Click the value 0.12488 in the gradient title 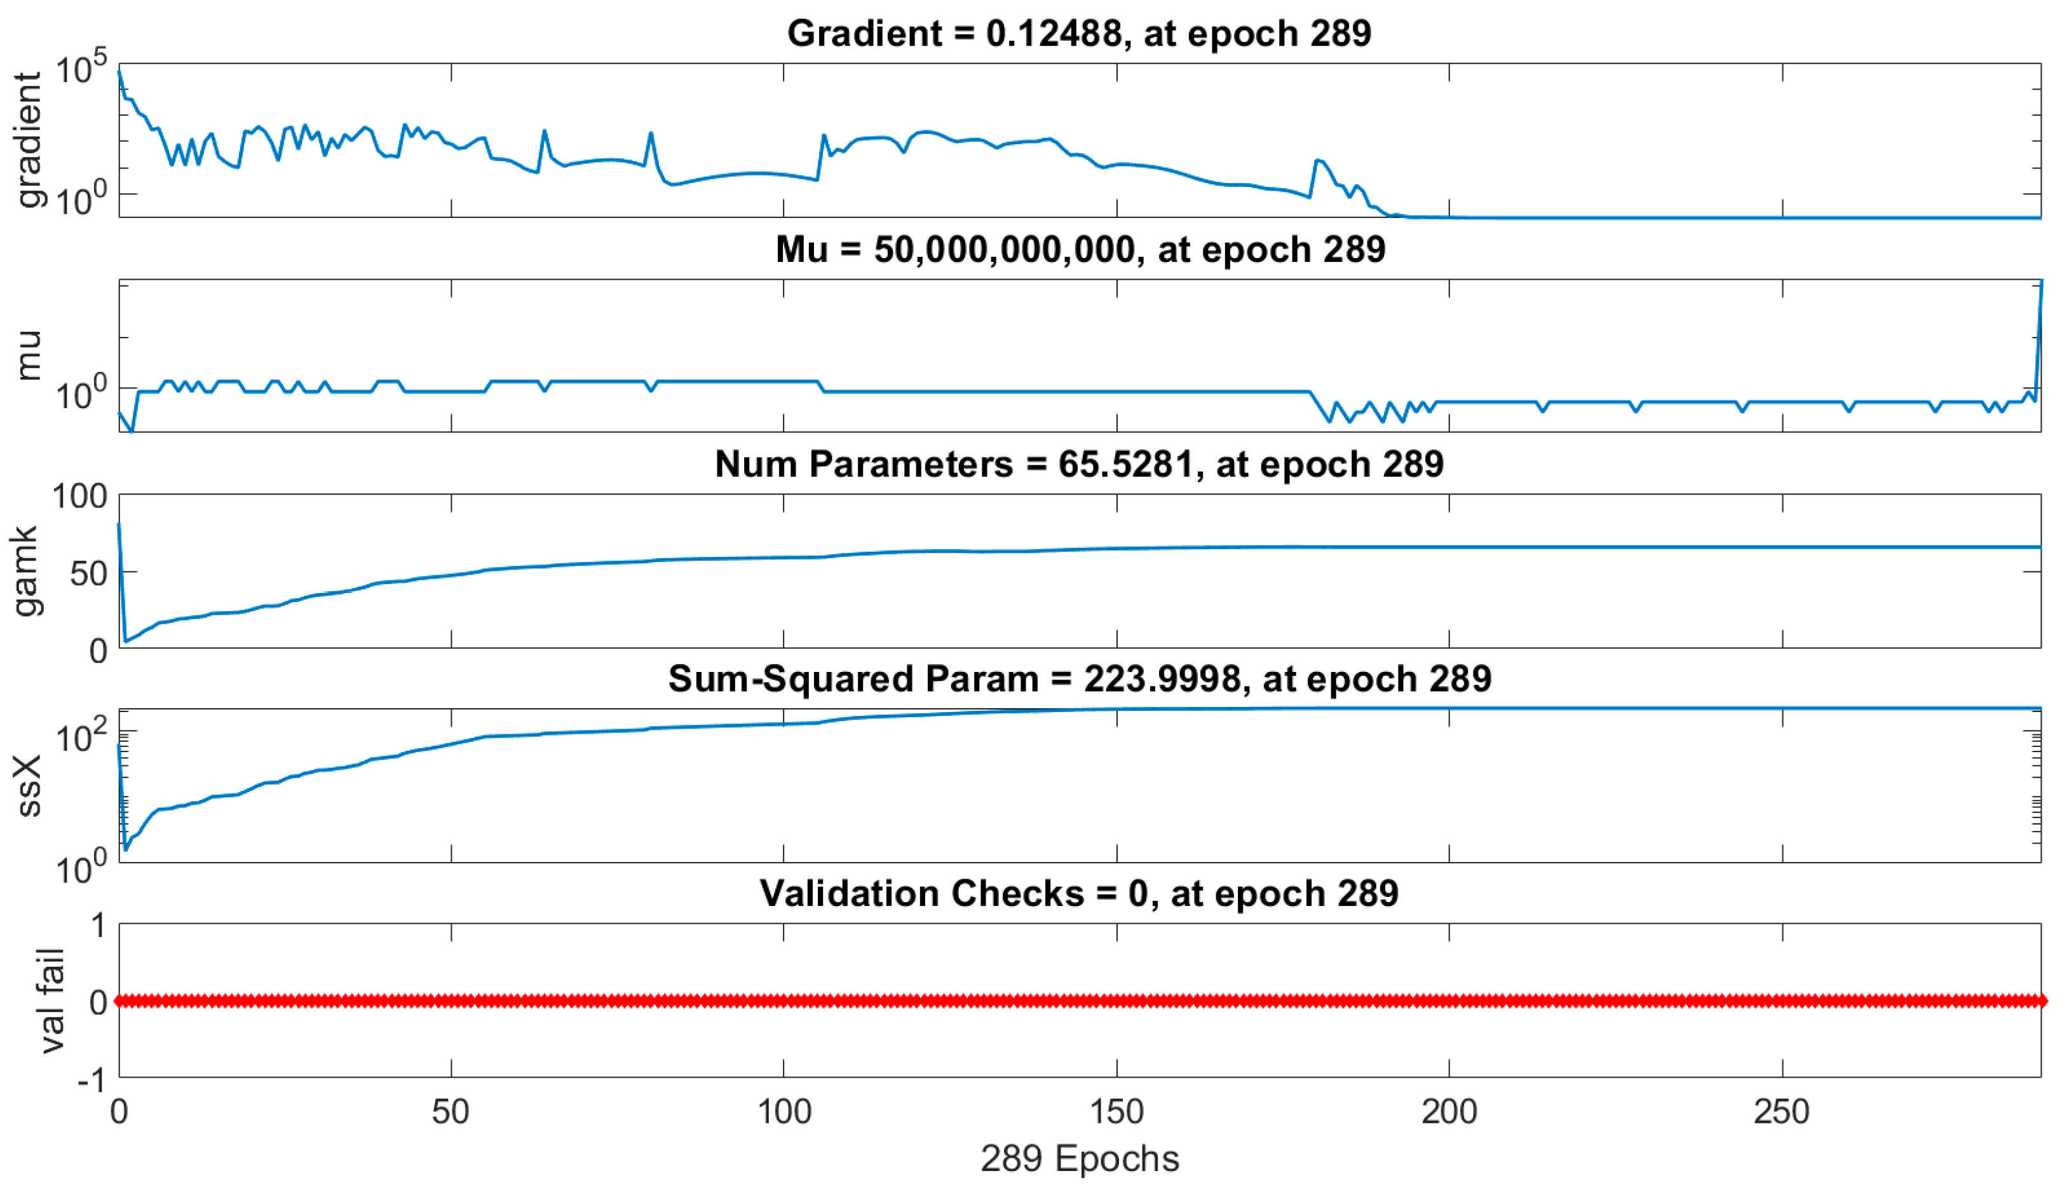point(1052,34)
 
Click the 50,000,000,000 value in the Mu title point(1004,250)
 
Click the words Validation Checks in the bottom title point(921,894)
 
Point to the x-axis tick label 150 point(1116,1113)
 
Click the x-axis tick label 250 point(1781,1113)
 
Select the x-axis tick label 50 point(451,1113)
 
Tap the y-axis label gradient point(28,140)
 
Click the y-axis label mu point(28,355)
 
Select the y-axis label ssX point(28,786)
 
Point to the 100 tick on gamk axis point(79,497)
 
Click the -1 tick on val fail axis point(92,1081)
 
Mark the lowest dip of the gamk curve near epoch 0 point(125,641)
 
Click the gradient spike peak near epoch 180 point(1317,160)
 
